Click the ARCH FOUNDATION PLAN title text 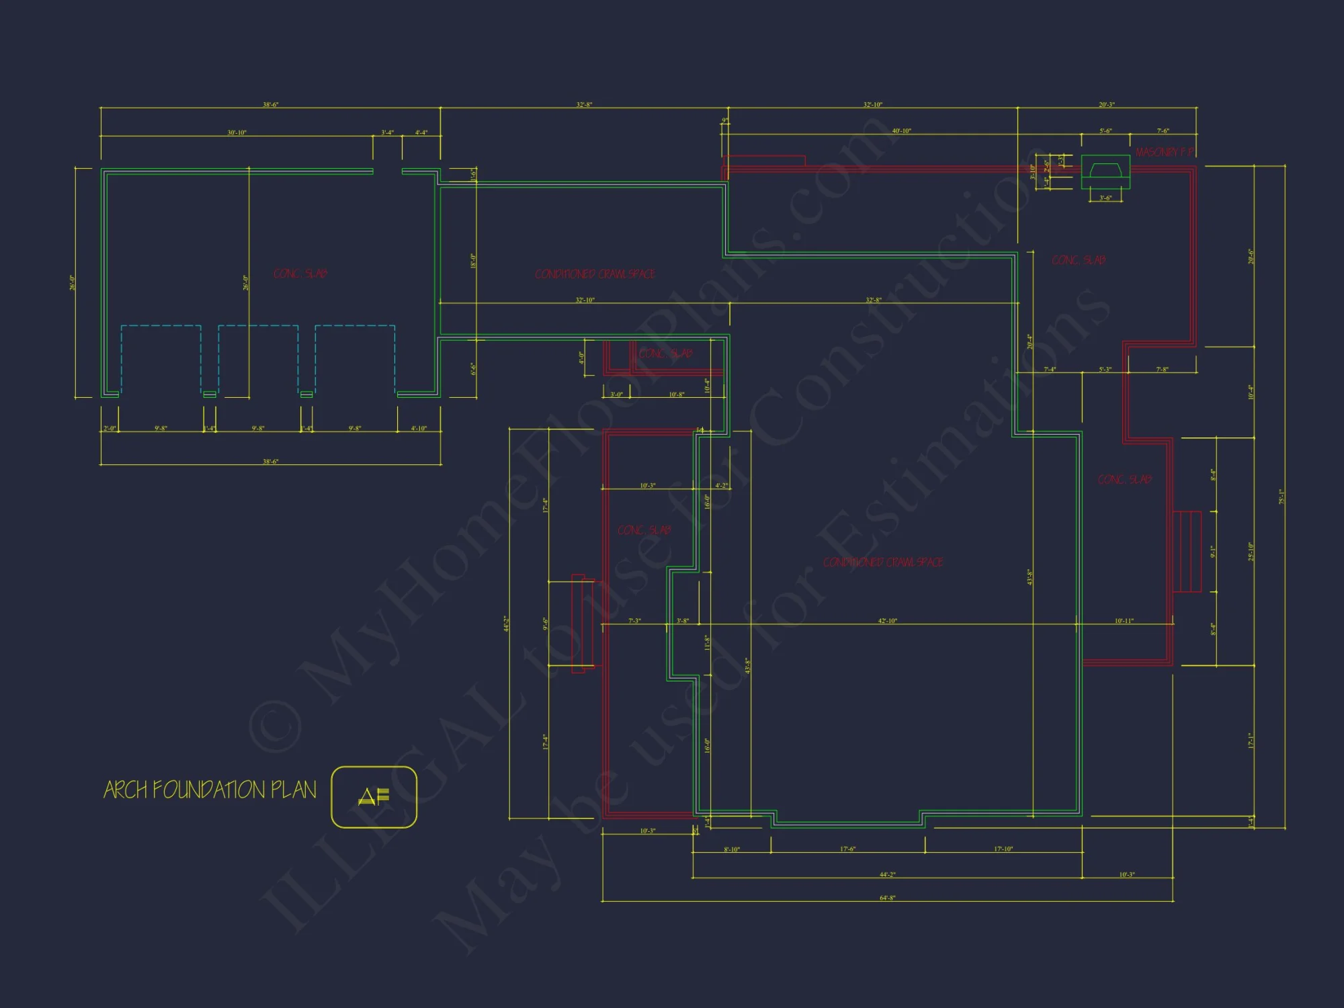click(210, 790)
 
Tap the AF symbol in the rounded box click(374, 796)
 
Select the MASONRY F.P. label click(1165, 153)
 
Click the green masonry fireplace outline click(1105, 172)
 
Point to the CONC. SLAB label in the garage click(300, 274)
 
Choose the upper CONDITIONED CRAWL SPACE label click(595, 274)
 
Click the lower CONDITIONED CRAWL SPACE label click(883, 562)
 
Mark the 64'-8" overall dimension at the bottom click(887, 898)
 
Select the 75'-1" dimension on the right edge click(1282, 497)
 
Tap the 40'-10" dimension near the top click(901, 131)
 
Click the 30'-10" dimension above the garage click(237, 132)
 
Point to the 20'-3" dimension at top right click(1106, 105)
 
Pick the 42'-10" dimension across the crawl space click(887, 621)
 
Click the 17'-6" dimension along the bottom click(847, 849)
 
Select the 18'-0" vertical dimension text click(473, 261)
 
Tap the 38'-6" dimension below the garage click(270, 462)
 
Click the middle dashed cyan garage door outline click(258, 360)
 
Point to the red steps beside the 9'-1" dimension click(1187, 551)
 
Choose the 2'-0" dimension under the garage click(110, 429)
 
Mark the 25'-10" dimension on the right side click(1251, 551)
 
